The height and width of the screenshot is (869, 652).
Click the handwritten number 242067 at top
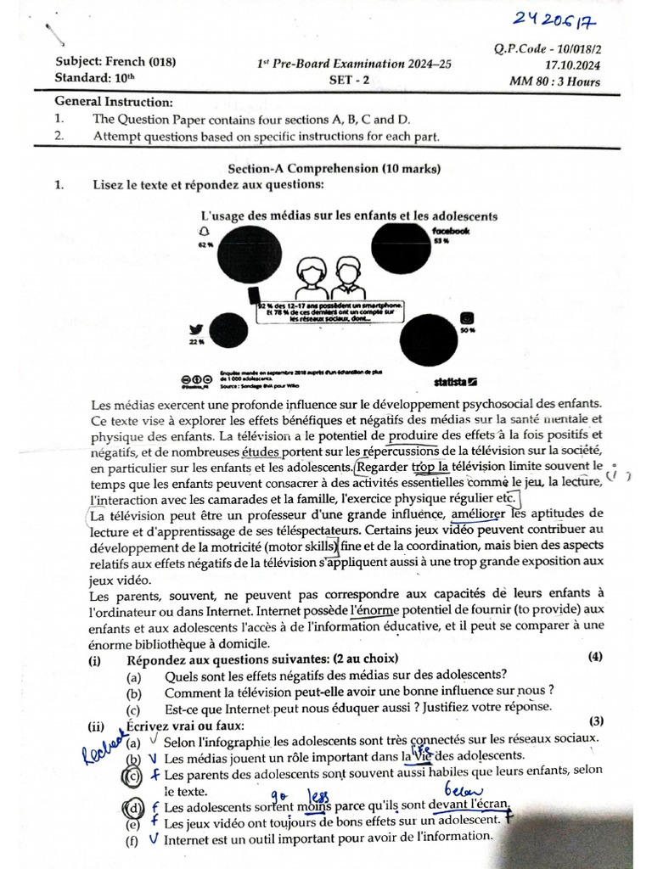[x=574, y=18]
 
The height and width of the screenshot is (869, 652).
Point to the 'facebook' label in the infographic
[x=451, y=231]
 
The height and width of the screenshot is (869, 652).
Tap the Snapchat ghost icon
[x=204, y=231]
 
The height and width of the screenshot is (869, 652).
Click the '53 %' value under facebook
[x=441, y=242]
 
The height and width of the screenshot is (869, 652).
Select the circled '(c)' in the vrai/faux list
[x=132, y=776]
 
